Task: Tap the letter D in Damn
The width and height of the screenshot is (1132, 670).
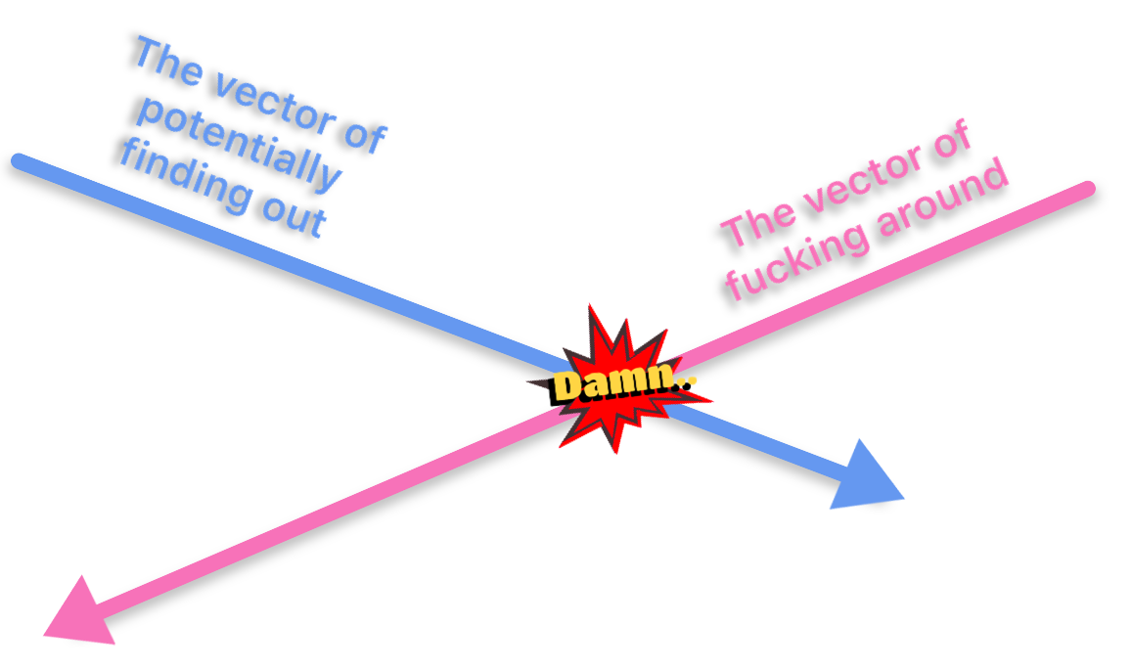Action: [x=567, y=385]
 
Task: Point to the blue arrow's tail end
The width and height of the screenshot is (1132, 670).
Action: [x=19, y=159]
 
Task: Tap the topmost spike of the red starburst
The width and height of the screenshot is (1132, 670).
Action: [x=590, y=306]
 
